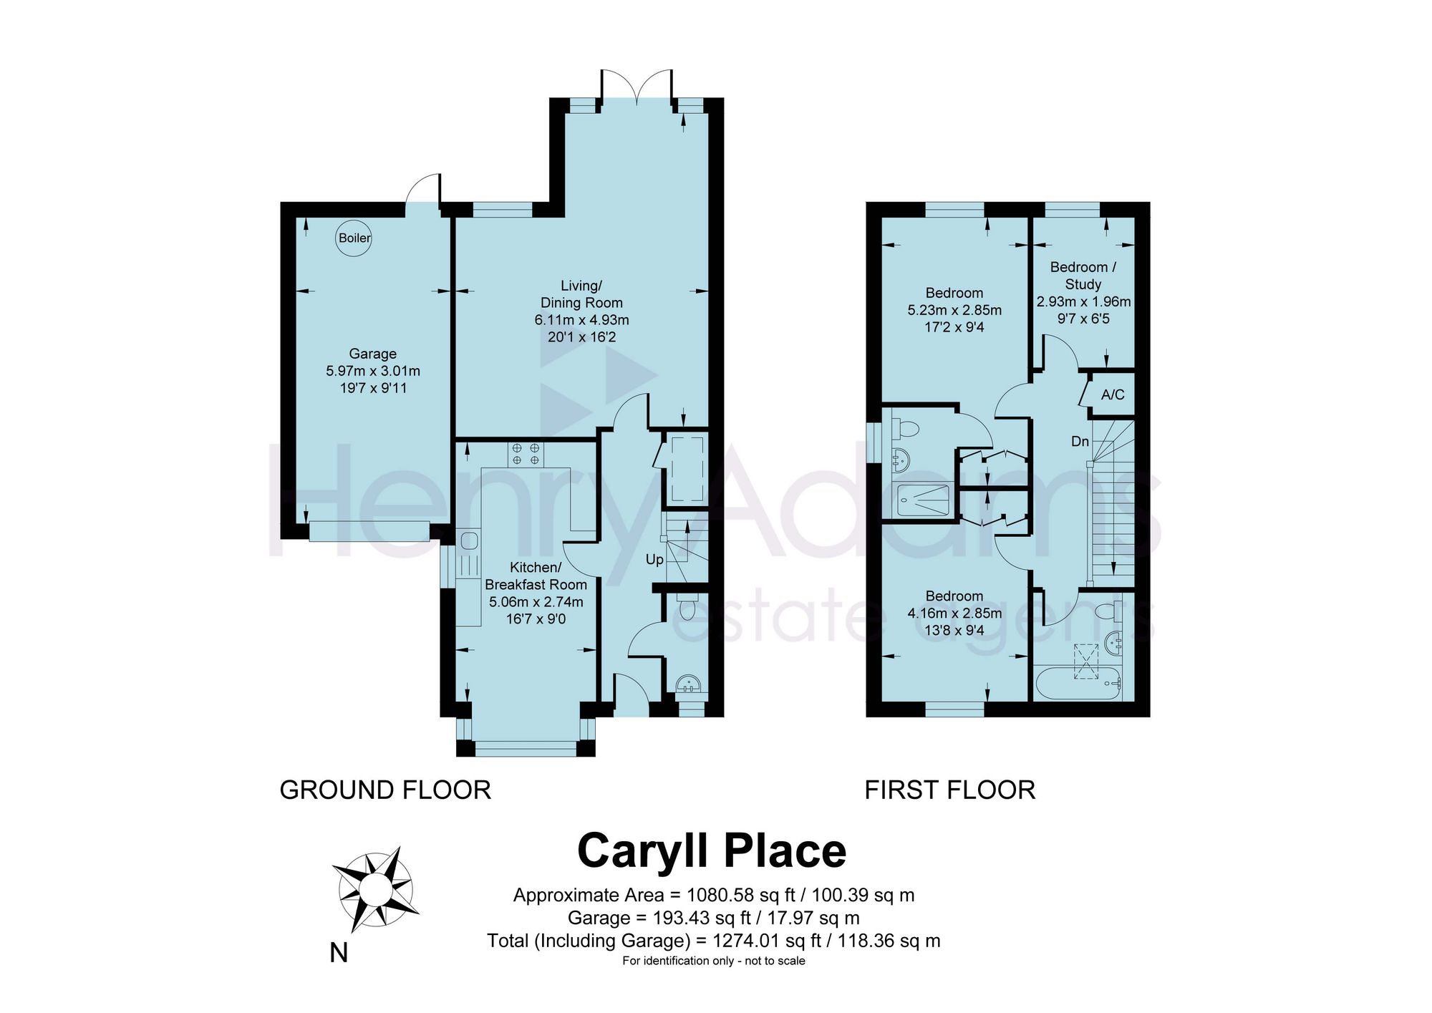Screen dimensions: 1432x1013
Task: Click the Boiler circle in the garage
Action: pyautogui.click(x=354, y=238)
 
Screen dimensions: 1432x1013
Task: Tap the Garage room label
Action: pyautogui.click(x=373, y=354)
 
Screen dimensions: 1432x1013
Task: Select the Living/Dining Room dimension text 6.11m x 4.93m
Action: pyautogui.click(x=581, y=320)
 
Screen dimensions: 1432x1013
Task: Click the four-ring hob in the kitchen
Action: pyautogui.click(x=526, y=454)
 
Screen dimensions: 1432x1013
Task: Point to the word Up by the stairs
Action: pyautogui.click(x=654, y=560)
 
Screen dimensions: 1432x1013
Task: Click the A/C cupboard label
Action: pyautogui.click(x=1113, y=394)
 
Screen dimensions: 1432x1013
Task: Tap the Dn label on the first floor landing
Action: pyautogui.click(x=1080, y=442)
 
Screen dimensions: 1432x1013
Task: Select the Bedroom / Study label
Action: pyautogui.click(x=1083, y=276)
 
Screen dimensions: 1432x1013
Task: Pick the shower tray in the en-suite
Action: pyautogui.click(x=924, y=500)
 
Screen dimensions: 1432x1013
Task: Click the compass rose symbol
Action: pyautogui.click(x=375, y=889)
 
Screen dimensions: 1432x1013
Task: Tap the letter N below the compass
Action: pyautogui.click(x=339, y=954)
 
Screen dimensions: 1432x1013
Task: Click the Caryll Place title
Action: pyautogui.click(x=712, y=851)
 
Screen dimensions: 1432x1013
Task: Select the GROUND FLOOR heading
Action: pyautogui.click(x=385, y=790)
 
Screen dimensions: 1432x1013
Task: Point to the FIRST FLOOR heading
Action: pyautogui.click(x=950, y=790)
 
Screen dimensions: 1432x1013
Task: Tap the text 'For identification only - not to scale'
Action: pyautogui.click(x=714, y=961)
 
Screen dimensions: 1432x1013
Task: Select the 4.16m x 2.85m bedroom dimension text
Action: pyautogui.click(x=954, y=614)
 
